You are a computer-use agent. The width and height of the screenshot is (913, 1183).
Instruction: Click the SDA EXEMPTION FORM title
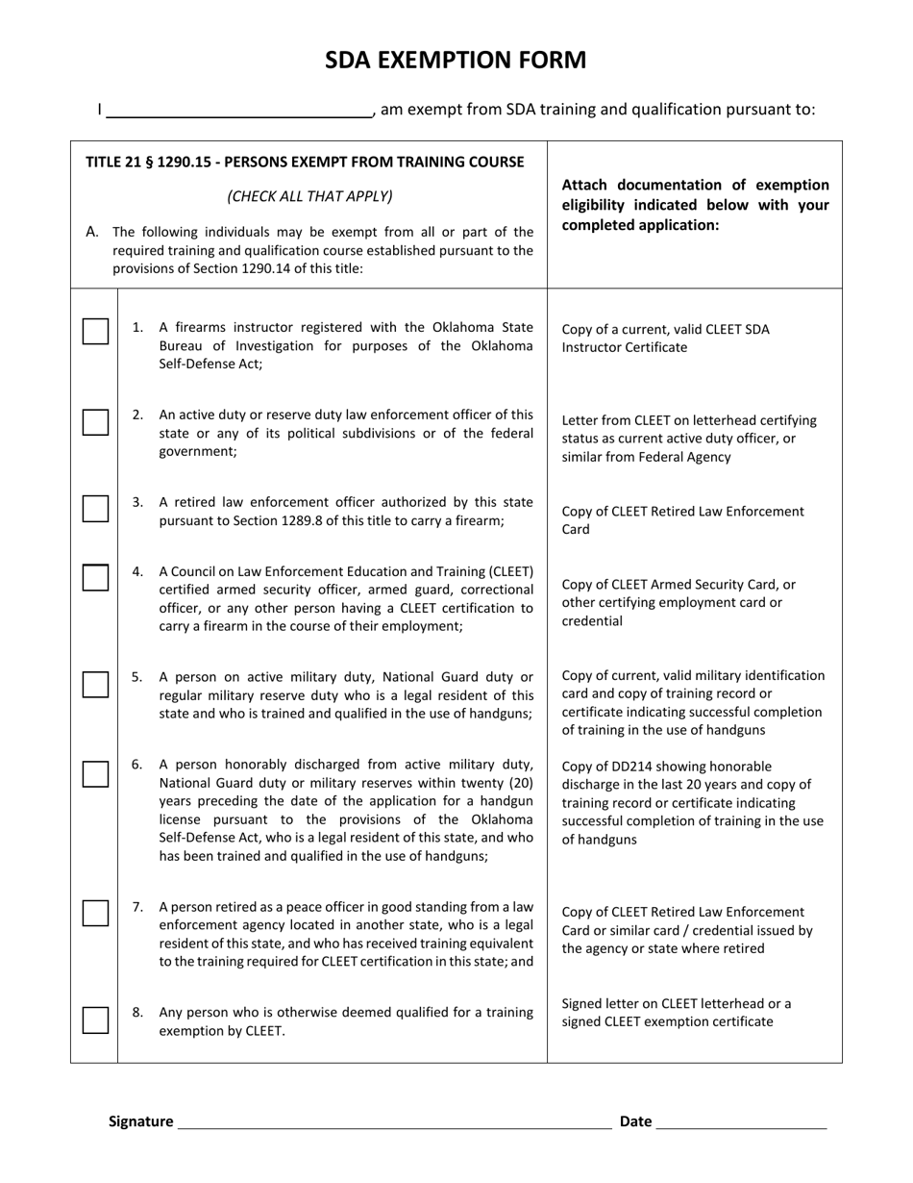456,61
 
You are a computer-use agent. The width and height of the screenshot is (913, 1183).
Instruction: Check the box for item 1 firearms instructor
95,331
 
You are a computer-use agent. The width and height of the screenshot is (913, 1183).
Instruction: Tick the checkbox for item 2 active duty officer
95,421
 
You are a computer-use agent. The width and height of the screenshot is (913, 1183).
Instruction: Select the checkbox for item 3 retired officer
95,509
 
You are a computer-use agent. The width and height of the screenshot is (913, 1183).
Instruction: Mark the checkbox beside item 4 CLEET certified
95,577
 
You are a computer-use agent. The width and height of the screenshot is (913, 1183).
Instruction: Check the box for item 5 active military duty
95,684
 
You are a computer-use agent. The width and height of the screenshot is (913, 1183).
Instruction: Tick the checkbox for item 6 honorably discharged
95,773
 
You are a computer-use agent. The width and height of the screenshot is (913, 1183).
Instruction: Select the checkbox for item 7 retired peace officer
95,913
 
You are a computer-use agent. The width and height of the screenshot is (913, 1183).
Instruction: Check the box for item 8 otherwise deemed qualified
95,1019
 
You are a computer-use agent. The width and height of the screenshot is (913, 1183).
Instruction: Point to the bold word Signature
141,1121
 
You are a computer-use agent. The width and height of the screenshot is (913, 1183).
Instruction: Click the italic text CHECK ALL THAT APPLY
309,196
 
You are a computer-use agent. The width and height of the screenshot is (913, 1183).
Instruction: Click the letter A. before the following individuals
93,232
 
